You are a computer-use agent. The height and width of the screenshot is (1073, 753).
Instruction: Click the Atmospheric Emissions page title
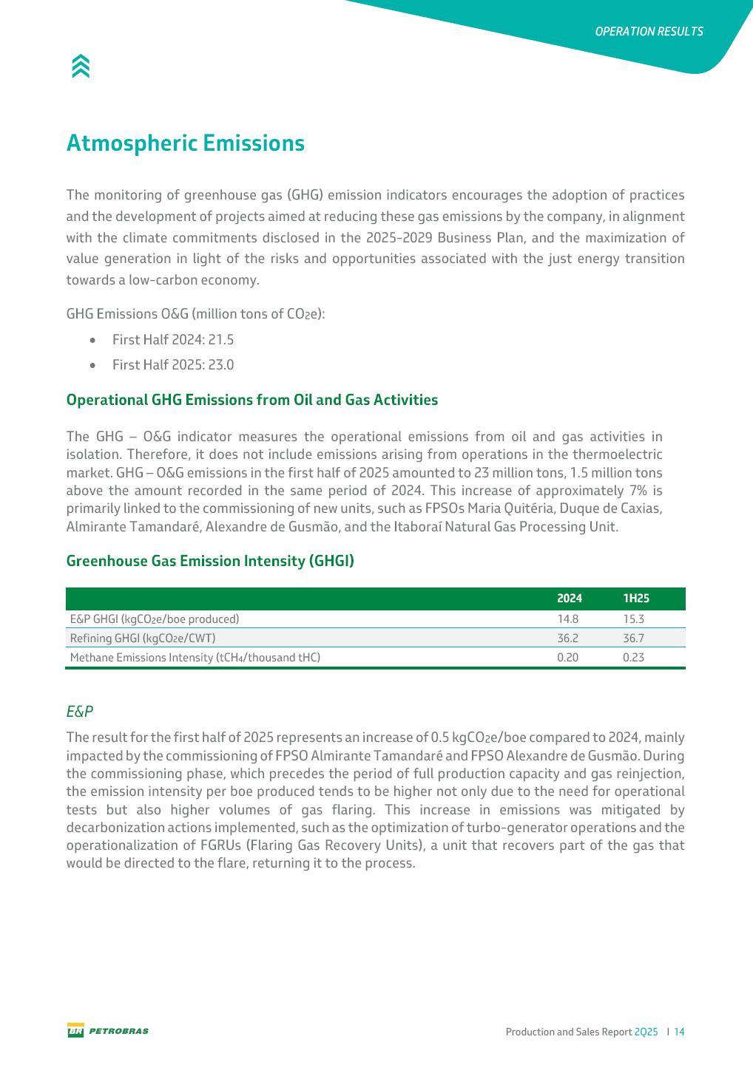point(185,143)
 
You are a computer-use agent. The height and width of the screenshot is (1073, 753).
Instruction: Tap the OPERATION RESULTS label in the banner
point(649,32)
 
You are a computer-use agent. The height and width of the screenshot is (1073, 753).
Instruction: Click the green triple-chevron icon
point(81,67)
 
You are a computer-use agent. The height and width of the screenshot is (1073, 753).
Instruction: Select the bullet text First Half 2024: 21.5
point(172,340)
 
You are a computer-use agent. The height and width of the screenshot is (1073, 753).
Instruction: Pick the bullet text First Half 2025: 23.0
point(172,365)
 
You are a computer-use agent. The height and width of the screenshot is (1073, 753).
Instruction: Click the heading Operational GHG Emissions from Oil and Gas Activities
point(251,400)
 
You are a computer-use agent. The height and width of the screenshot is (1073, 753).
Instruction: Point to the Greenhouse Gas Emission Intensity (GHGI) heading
point(210,561)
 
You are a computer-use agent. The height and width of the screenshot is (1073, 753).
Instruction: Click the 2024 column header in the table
point(569,599)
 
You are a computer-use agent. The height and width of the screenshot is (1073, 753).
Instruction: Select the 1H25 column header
point(635,599)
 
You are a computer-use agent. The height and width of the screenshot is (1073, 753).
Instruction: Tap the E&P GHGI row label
point(154,619)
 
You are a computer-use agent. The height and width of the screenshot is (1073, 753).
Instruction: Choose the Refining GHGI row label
point(142,638)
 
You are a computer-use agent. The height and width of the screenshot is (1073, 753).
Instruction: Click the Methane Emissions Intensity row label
point(195,658)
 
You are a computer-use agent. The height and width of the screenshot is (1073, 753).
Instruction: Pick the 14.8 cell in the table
point(568,619)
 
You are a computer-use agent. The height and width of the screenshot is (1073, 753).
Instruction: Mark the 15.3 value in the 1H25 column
point(634,619)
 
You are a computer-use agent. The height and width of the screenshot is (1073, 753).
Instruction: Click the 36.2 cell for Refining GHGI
point(568,638)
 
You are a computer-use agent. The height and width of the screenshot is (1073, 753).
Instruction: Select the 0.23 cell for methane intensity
point(634,658)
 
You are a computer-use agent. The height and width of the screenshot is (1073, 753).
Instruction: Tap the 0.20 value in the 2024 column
point(568,658)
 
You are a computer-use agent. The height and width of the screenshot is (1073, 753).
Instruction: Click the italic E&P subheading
point(80,712)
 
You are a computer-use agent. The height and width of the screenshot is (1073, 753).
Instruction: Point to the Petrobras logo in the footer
point(108,1031)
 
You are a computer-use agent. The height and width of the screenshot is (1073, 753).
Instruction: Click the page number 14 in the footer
point(679,1032)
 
